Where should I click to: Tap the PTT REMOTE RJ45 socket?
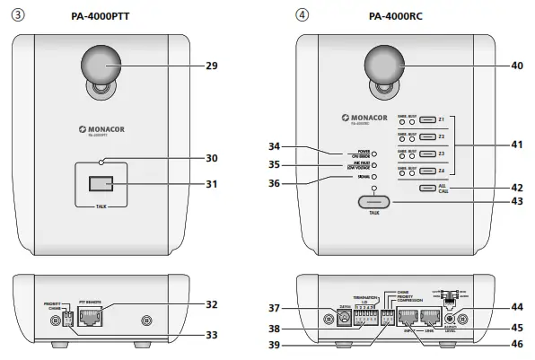[x=91, y=316]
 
